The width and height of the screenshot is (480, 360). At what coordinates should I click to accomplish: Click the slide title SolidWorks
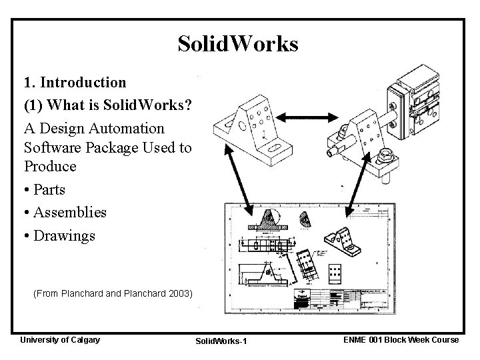238,44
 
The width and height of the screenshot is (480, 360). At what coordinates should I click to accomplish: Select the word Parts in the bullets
49,189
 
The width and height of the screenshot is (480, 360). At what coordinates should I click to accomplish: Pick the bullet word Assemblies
69,212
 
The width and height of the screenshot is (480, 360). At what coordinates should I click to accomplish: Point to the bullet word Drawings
64,235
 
